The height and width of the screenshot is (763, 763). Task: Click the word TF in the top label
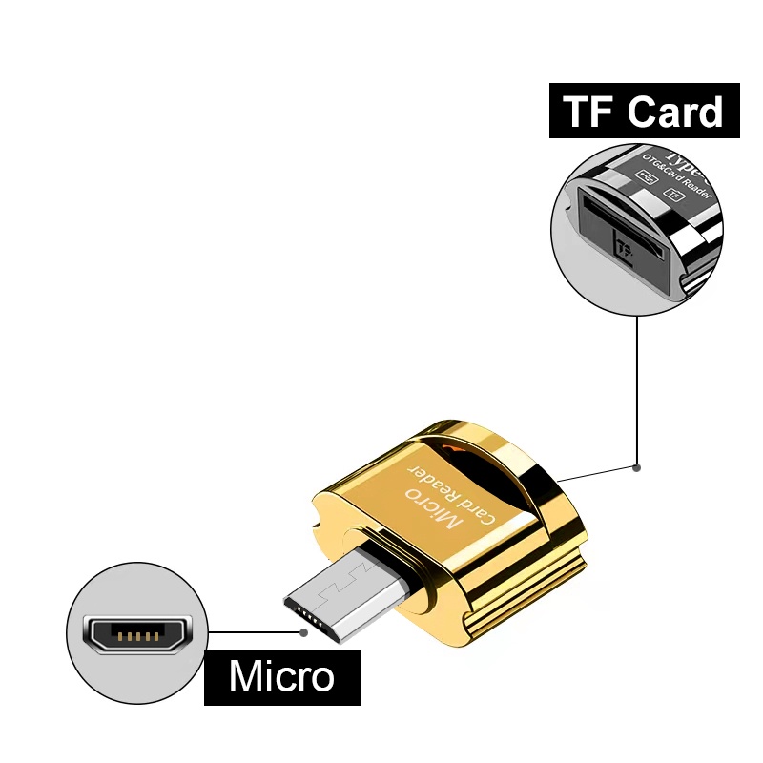(587, 112)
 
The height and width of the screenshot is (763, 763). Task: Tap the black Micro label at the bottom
(282, 677)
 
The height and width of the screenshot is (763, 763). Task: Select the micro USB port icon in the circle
(136, 634)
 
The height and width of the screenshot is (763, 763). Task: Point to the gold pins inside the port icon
(136, 634)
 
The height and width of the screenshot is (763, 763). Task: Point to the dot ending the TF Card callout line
(636, 467)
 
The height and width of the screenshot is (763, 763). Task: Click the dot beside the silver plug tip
(303, 631)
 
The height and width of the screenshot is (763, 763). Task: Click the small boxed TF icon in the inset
(675, 194)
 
